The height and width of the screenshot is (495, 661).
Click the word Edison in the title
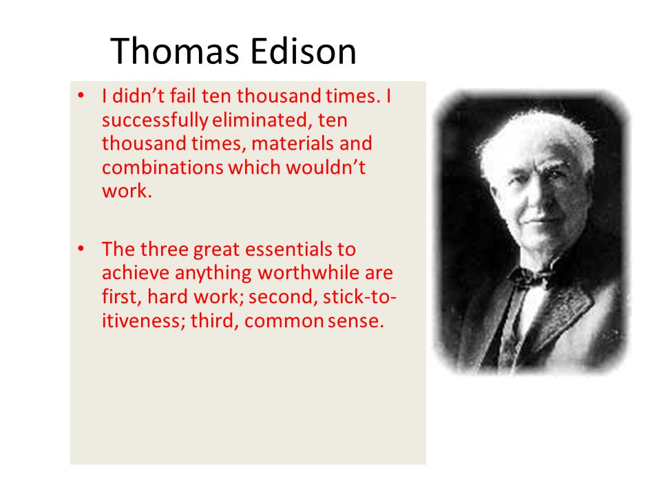(303, 51)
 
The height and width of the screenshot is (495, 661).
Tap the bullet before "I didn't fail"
(81, 96)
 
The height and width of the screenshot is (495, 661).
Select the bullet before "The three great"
(81, 249)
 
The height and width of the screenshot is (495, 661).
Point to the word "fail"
(183, 96)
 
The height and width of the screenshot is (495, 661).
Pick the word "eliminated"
(262, 120)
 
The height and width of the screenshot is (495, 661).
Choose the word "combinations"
(163, 168)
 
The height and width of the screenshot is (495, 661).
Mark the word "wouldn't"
(326, 167)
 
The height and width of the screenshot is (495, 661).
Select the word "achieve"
(136, 273)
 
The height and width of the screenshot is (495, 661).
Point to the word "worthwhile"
(308, 273)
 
